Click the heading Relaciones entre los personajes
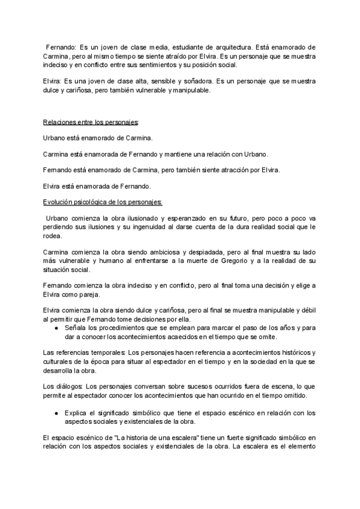(91, 122)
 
